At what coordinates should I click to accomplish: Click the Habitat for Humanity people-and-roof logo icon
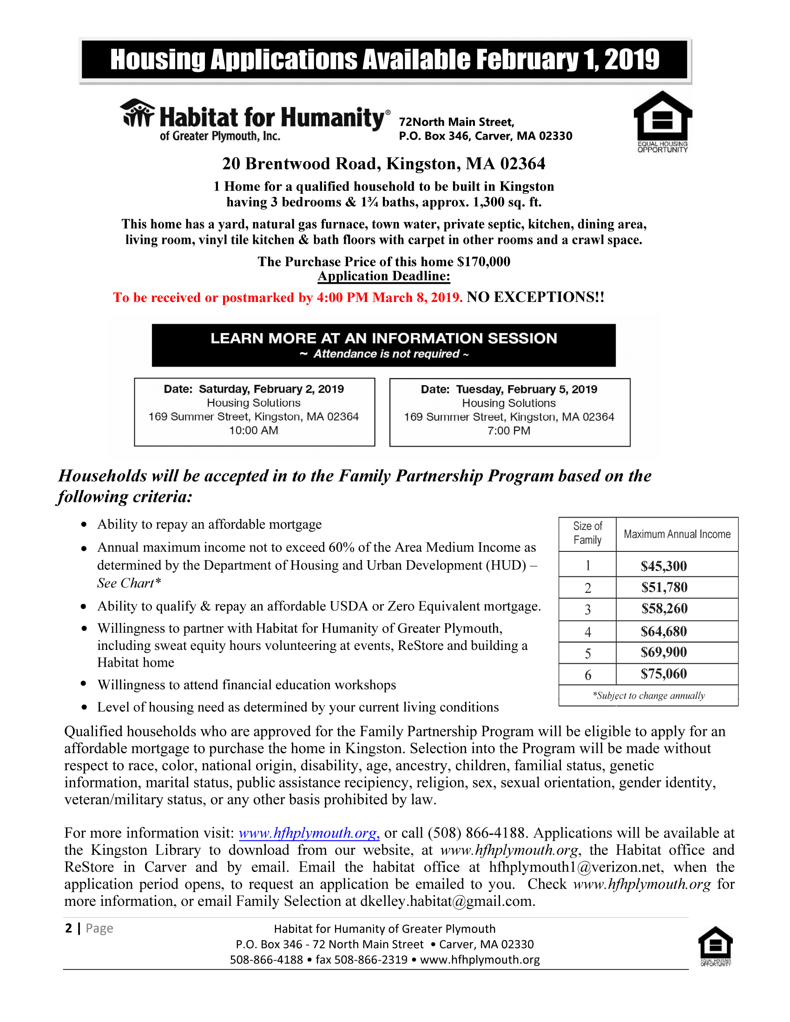[x=137, y=113]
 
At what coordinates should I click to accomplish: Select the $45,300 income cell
[x=664, y=566]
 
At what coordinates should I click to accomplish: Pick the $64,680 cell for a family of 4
[x=664, y=632]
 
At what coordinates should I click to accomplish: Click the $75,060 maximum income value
[x=664, y=674]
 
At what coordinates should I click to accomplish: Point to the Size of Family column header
[x=587, y=533]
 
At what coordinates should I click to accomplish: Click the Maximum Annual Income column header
[x=677, y=534]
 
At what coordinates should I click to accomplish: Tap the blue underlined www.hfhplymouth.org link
[x=309, y=833]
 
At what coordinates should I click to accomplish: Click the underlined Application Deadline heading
[x=384, y=276]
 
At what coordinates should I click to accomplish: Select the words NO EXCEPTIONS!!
[x=535, y=297]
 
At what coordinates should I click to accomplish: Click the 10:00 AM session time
[x=254, y=431]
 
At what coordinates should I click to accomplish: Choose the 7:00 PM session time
[x=509, y=431]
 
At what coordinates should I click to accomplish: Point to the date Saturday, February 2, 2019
[x=271, y=389]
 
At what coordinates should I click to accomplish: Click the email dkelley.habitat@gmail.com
[x=447, y=901]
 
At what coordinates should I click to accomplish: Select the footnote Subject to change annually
[x=649, y=695]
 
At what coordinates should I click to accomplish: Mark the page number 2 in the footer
[x=69, y=928]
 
